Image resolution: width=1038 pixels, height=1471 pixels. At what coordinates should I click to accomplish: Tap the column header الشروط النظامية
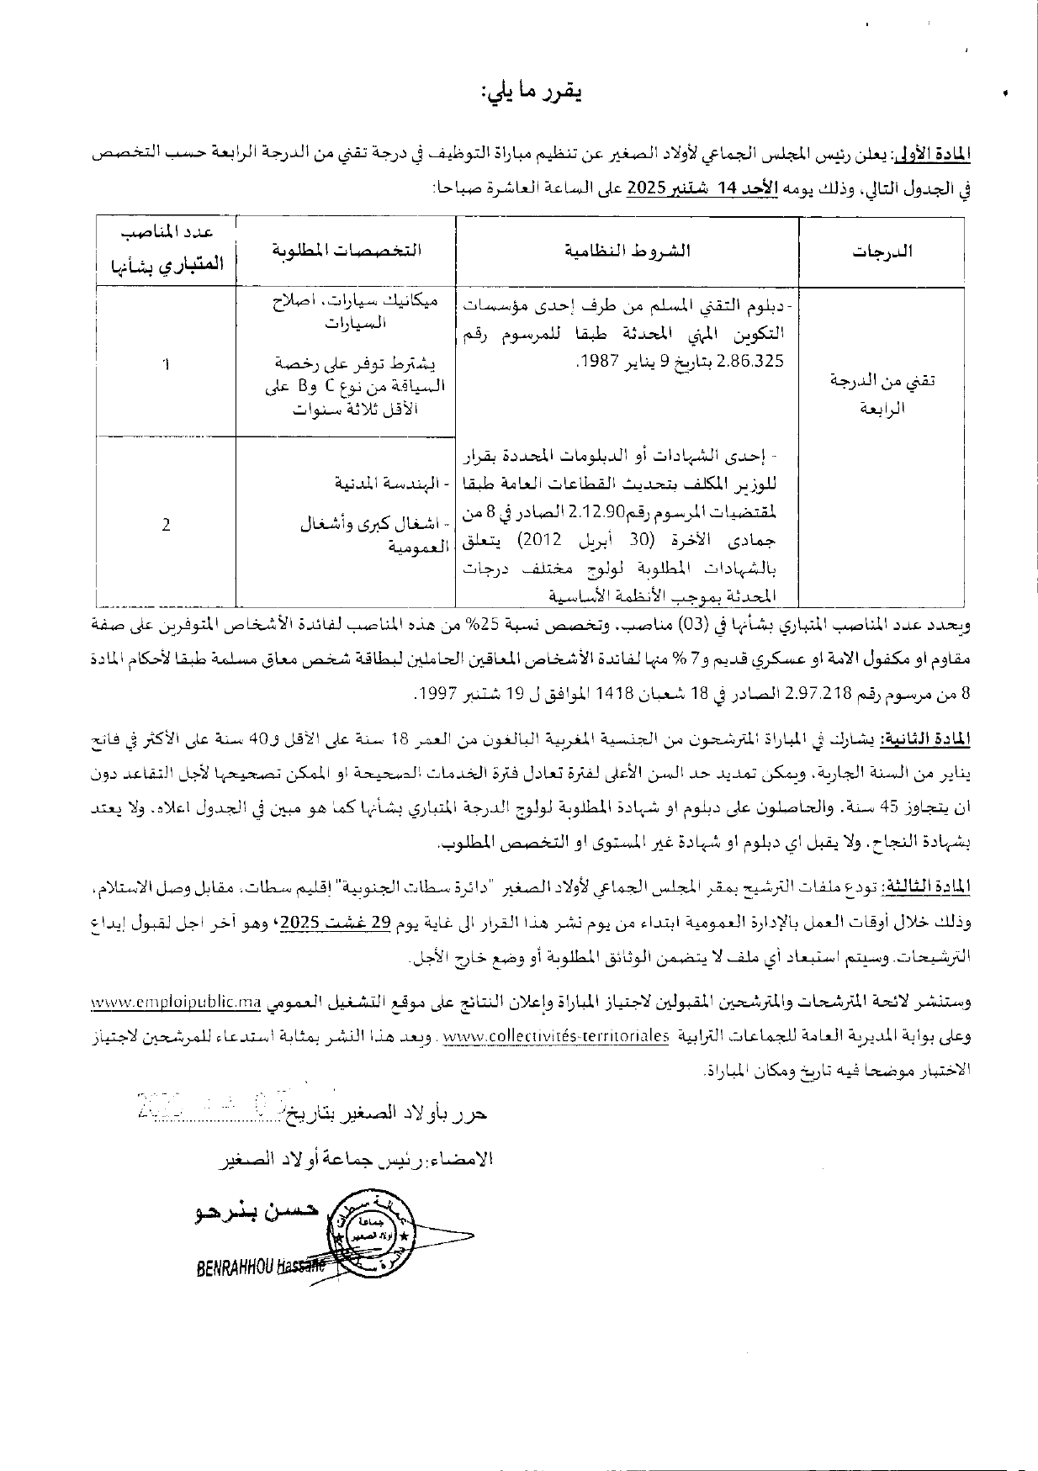[x=627, y=251]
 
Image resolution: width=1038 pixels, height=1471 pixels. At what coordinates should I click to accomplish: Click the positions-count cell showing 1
[x=166, y=364]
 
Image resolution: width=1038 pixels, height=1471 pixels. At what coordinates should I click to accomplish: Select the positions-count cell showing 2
[x=166, y=524]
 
